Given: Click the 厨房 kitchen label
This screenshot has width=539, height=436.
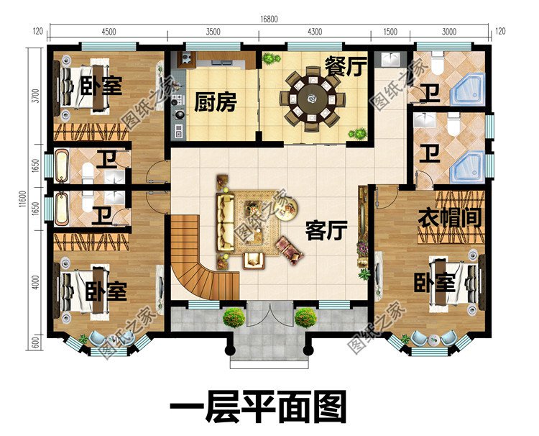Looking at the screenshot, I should click(x=215, y=103).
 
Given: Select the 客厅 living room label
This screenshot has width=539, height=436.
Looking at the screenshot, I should click(x=326, y=231).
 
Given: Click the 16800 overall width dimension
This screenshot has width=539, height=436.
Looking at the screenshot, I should click(x=270, y=19).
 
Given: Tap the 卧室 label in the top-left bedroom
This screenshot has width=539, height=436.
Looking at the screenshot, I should click(x=101, y=86).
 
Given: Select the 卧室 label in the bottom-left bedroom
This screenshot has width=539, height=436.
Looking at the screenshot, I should click(x=106, y=291).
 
